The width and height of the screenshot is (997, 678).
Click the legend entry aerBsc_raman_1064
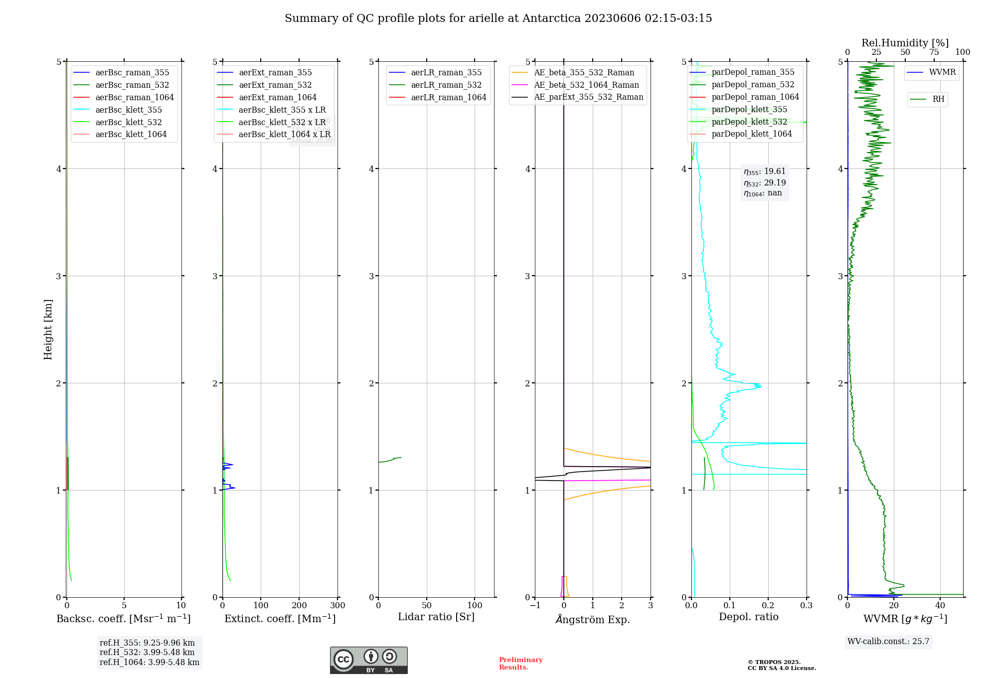(x=135, y=98)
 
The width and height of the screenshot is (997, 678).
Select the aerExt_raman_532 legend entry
(x=275, y=85)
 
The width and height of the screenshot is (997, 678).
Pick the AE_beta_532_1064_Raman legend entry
(x=586, y=85)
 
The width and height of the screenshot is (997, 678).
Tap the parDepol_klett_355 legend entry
(x=749, y=110)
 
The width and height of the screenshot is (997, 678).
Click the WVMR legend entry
(x=942, y=72)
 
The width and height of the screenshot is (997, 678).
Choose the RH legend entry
(x=938, y=99)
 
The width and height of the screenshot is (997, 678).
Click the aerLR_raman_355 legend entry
(x=446, y=73)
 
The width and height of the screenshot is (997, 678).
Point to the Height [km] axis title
(x=48, y=330)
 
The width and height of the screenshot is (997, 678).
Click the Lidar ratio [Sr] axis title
(x=436, y=617)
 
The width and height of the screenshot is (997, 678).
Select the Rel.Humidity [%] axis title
(x=905, y=43)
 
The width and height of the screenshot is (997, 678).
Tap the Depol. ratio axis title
(x=748, y=617)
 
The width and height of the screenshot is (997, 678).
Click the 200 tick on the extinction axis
(x=299, y=606)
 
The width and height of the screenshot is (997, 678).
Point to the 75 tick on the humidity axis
(x=934, y=52)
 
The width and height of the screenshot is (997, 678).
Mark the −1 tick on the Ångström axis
(x=535, y=606)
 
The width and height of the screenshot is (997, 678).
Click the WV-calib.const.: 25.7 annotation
(x=888, y=642)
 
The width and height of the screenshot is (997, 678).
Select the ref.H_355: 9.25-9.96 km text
(x=147, y=643)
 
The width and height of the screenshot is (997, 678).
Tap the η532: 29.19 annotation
(x=765, y=183)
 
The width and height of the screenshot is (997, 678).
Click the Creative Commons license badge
(x=368, y=660)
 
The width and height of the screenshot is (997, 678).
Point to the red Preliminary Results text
(x=520, y=664)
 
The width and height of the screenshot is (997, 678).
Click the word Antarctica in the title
(x=551, y=18)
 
